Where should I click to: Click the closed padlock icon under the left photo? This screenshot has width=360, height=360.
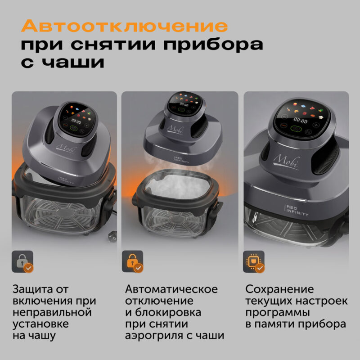pyautogui.click(x=22, y=261)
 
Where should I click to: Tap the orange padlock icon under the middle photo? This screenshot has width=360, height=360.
pyautogui.click(x=132, y=261)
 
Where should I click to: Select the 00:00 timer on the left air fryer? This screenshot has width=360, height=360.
pyautogui.click(x=76, y=121)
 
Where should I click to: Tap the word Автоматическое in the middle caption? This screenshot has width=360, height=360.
pyautogui.click(x=171, y=289)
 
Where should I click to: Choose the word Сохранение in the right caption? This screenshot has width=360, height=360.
pyautogui.click(x=279, y=289)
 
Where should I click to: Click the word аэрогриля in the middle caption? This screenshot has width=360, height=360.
pyautogui.click(x=151, y=336)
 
